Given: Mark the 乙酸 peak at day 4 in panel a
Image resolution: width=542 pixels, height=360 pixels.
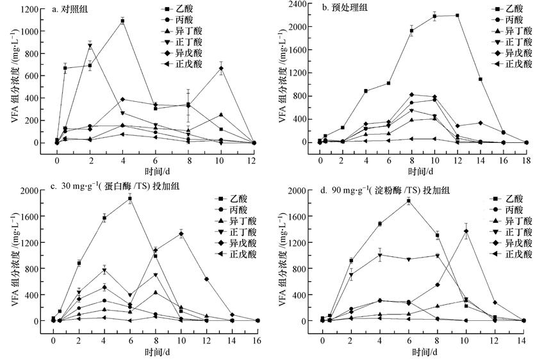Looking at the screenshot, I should [122, 21].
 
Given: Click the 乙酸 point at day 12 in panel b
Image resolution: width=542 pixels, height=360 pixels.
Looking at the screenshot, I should [457, 15].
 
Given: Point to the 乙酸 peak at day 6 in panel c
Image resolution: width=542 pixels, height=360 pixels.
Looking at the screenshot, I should [130, 199].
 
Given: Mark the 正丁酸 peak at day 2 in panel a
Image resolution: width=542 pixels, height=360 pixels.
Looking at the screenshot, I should [90, 45].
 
